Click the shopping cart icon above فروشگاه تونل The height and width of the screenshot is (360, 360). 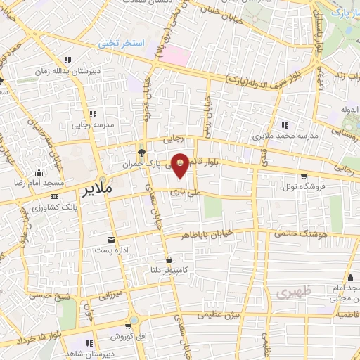coord(303,176)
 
